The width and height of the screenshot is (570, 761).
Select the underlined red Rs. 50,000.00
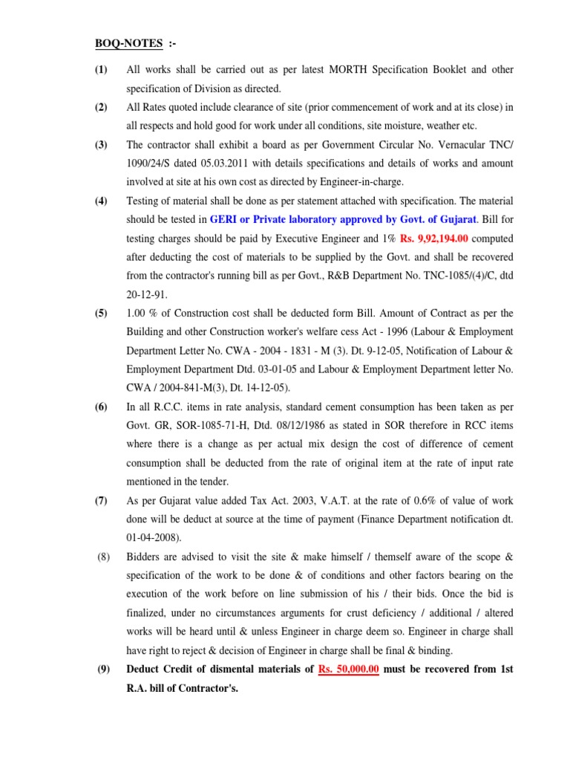pyautogui.click(x=349, y=669)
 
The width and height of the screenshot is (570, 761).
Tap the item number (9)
pyautogui.click(x=103, y=669)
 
